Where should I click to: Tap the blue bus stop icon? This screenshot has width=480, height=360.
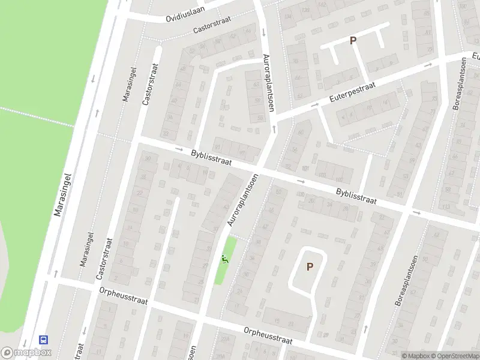(43, 340)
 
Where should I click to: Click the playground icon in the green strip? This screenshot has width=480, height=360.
(224, 260)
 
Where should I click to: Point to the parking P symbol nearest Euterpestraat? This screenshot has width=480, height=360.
(353, 40)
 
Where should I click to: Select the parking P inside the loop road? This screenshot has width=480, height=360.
(310, 266)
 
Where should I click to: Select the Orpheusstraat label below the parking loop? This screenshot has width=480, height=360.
(268, 334)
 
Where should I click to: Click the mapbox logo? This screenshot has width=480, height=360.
(25, 353)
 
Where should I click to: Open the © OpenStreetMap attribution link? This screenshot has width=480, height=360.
(454, 356)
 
